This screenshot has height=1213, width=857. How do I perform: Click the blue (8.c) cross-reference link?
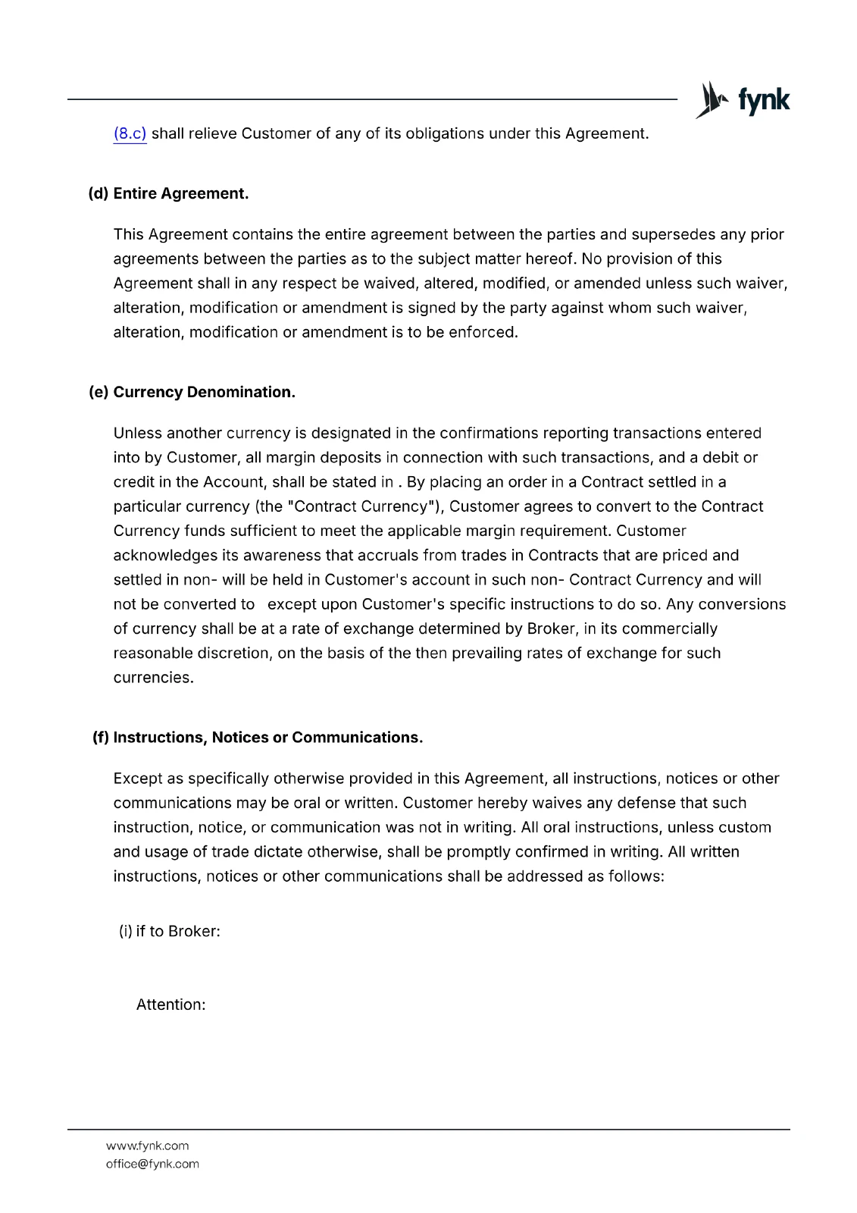pyautogui.click(x=130, y=134)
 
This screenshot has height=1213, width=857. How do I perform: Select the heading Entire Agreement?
pyautogui.click(x=180, y=193)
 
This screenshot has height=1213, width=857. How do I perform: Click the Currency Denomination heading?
pyautogui.click(x=203, y=392)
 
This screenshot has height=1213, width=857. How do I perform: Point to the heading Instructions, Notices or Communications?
pyautogui.click(x=267, y=738)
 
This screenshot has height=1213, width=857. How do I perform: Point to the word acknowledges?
pyautogui.click(x=160, y=556)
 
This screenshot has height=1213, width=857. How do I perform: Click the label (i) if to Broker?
pyautogui.click(x=170, y=931)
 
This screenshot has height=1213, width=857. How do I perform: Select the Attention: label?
pyautogui.click(x=170, y=1005)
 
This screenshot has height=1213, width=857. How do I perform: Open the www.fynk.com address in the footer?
pyautogui.click(x=147, y=1146)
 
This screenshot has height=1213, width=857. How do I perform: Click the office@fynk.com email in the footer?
pyautogui.click(x=152, y=1164)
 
